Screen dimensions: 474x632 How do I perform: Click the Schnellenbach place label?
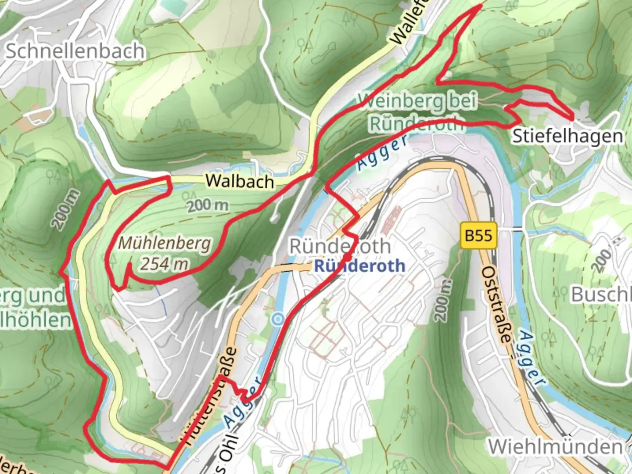click(x=75, y=51)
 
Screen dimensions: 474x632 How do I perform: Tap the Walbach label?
click(x=240, y=181)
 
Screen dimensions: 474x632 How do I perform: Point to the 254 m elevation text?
click(x=165, y=264)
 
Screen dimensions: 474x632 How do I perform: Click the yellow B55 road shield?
click(x=478, y=236)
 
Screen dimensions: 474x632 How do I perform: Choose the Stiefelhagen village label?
click(x=567, y=136)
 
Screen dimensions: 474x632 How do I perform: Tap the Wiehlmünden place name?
click(x=555, y=447)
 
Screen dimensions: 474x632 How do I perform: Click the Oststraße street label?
click(x=497, y=305)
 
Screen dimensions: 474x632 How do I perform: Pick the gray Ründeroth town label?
click(x=340, y=246)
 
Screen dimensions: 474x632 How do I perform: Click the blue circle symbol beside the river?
click(x=277, y=319)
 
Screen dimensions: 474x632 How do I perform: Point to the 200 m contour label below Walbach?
click(x=208, y=205)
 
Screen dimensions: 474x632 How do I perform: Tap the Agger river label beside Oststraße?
click(x=532, y=359)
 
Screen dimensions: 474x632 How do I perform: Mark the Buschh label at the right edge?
click(x=601, y=294)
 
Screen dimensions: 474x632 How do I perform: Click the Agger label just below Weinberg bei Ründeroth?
click(x=381, y=152)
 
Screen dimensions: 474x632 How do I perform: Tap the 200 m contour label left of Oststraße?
click(x=443, y=300)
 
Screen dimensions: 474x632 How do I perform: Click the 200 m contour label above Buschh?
click(x=602, y=260)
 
